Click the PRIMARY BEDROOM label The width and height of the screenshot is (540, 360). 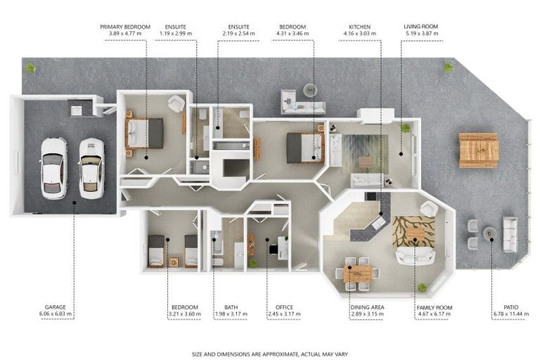coord(125,27)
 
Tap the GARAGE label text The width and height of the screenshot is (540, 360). coord(55,307)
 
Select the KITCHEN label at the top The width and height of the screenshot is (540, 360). coord(359,27)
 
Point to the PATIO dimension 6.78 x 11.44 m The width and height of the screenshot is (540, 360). coord(510,314)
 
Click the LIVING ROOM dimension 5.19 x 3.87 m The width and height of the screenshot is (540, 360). coord(422,34)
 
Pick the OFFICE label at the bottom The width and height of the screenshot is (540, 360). coord(284,307)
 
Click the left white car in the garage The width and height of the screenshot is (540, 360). coord(53,168)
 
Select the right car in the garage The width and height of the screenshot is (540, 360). coord(91,168)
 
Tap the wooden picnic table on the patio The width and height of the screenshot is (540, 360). coord(479,150)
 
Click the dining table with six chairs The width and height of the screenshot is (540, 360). coord(357,274)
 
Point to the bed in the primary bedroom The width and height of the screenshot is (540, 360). coord(145,134)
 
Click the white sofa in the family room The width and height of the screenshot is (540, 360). coord(415,256)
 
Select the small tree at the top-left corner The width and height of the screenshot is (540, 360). coord(30,68)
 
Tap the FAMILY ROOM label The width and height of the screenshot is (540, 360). coord(435,308)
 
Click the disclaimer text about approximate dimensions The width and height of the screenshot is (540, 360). coord(270,354)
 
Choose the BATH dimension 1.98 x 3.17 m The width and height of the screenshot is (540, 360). coord(231,314)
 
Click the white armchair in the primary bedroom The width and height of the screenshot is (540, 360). coord(176,103)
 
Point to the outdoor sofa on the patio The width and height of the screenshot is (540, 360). coord(510,234)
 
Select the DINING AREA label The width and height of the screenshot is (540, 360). coord(367,307)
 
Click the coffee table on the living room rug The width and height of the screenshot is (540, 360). coord(365,162)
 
